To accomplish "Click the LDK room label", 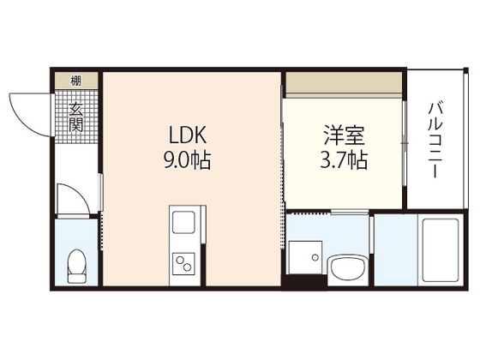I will click(x=186, y=135).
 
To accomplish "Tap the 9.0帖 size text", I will click(x=186, y=159).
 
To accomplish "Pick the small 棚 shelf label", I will click(x=77, y=81).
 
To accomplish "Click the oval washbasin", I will click(x=347, y=267).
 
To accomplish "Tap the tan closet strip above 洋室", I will click(x=343, y=82).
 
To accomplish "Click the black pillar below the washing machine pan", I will click(x=301, y=284).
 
